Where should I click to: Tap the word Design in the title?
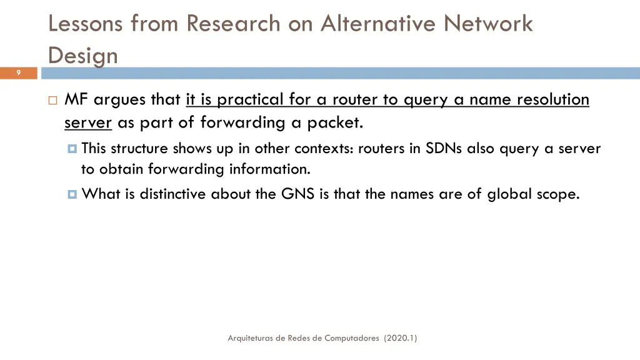point(82,56)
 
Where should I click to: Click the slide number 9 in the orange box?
point(19,73)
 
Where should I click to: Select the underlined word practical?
point(249,99)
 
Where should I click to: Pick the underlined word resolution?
point(552,99)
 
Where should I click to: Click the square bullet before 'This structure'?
point(72,149)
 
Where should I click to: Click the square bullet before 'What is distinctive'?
point(72,194)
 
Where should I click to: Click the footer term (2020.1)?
point(401,338)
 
